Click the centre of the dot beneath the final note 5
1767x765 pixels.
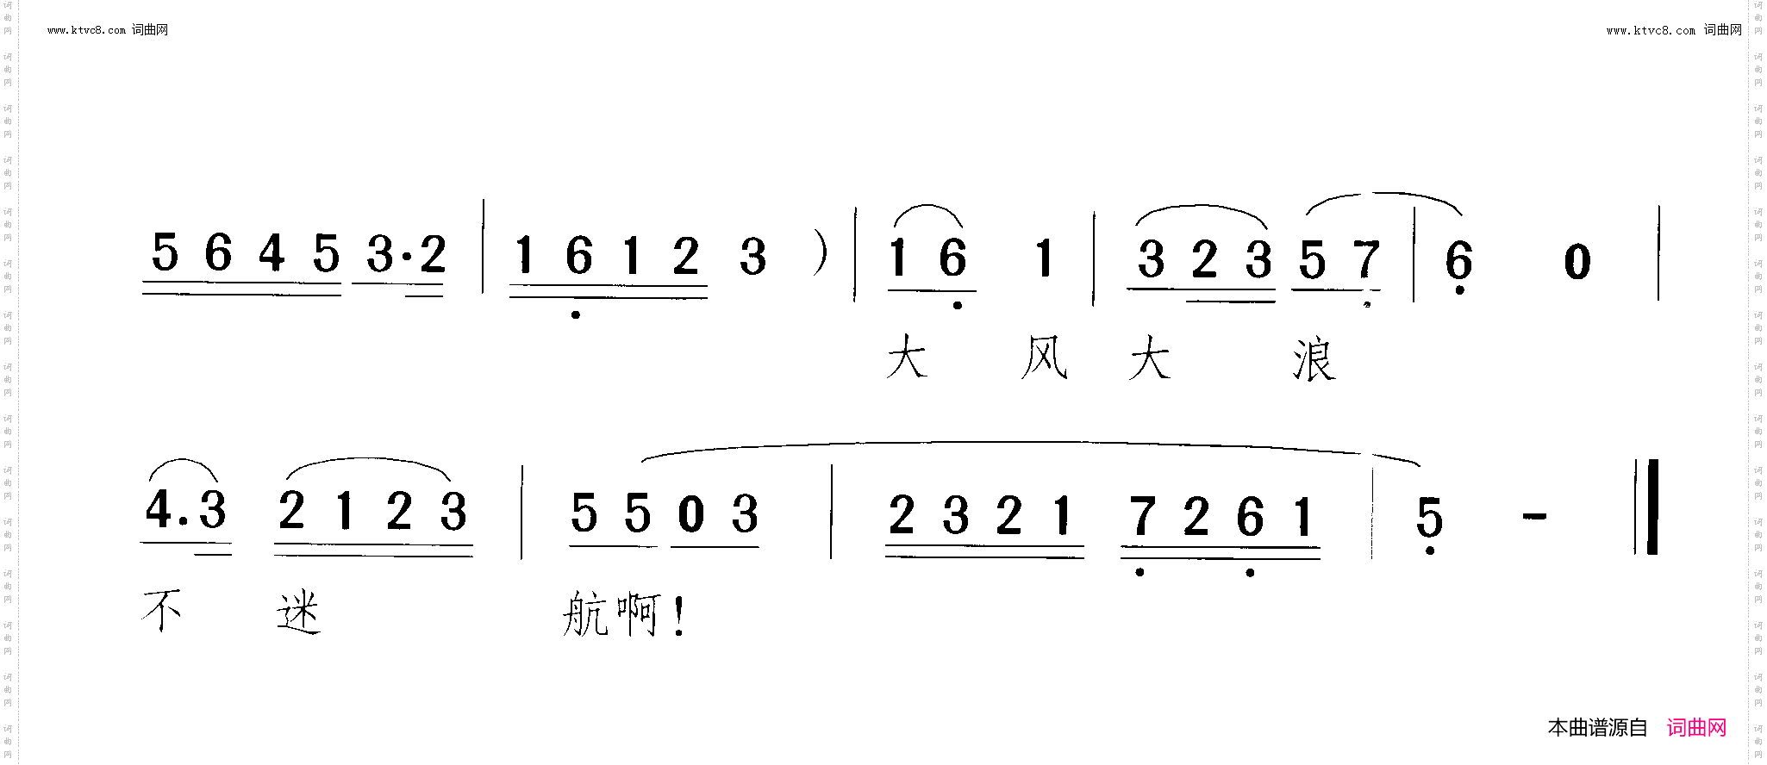point(1430,550)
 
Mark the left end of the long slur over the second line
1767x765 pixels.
point(644,461)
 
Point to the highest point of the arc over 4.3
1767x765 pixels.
point(183,459)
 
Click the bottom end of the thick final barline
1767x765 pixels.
point(1652,554)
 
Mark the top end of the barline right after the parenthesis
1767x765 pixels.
point(856,208)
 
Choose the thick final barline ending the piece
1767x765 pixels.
point(1652,507)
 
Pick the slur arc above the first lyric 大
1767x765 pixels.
point(927,206)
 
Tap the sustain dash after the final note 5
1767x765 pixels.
point(1535,517)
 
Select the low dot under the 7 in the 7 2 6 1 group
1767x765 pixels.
point(1140,572)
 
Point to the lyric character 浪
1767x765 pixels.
point(1314,359)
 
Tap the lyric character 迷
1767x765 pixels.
point(299,613)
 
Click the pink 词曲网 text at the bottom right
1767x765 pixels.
point(1696,728)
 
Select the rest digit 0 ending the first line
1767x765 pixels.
point(1577,261)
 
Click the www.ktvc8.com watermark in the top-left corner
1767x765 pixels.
point(87,30)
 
